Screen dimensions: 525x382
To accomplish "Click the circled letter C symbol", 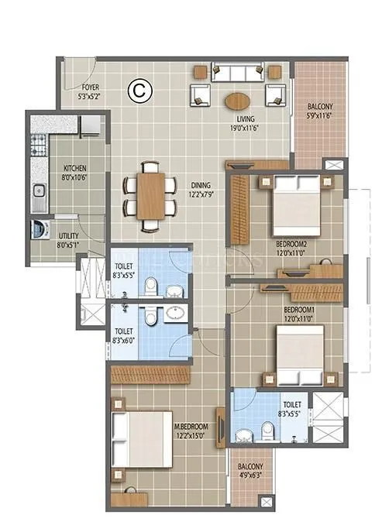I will point(142,90).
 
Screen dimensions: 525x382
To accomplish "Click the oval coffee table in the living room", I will point(237,101).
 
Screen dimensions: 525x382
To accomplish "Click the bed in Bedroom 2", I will point(296,203).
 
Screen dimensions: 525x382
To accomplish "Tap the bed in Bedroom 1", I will point(299,354).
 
